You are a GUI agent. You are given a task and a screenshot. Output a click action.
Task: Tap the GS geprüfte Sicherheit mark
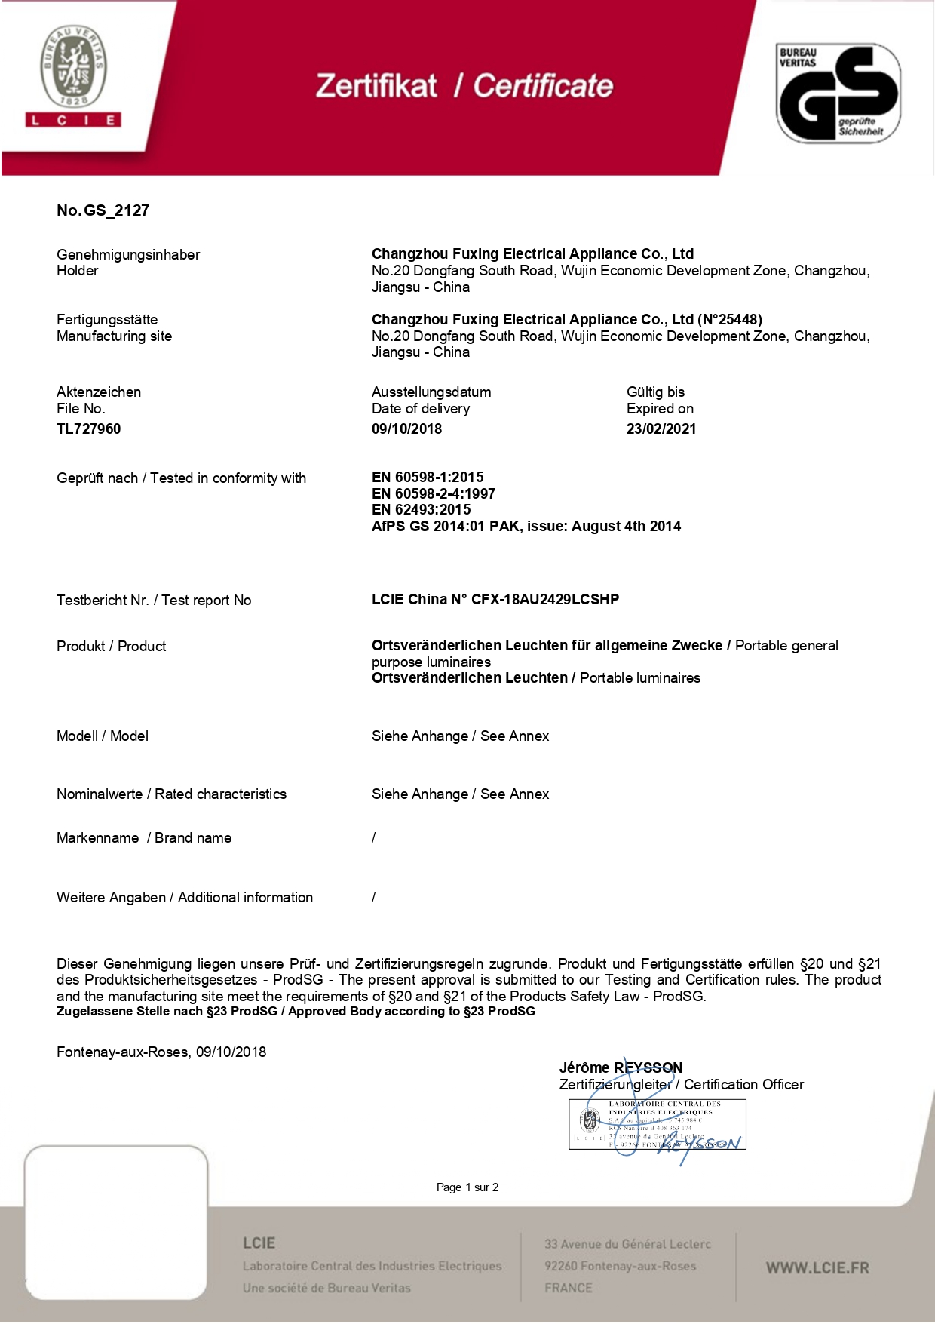(838, 93)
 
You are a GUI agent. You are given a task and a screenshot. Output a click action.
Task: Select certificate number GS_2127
(116, 210)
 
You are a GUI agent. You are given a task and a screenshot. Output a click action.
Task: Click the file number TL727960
(88, 429)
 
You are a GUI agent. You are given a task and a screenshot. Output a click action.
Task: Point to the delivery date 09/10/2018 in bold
(406, 429)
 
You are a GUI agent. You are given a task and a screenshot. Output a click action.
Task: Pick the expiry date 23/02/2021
(661, 429)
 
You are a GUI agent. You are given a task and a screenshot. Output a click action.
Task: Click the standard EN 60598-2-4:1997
(434, 493)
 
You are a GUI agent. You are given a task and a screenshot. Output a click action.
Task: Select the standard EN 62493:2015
(421, 509)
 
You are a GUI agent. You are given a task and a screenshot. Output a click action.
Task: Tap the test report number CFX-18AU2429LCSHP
(545, 600)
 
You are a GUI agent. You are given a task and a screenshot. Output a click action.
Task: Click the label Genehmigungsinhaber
(128, 254)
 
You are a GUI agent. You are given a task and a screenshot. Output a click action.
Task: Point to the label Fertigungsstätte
(107, 319)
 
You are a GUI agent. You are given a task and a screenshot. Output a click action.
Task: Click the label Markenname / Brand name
(144, 837)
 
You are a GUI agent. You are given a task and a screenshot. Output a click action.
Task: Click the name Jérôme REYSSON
(621, 1067)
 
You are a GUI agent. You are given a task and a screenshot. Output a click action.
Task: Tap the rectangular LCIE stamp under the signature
(657, 1124)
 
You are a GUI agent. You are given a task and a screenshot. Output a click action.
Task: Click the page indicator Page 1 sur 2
(467, 1187)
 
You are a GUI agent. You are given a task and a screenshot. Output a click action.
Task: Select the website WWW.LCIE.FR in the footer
(817, 1268)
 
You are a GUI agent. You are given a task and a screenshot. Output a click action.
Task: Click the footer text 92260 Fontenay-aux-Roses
(621, 1266)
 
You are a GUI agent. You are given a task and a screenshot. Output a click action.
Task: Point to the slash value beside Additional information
(374, 897)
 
